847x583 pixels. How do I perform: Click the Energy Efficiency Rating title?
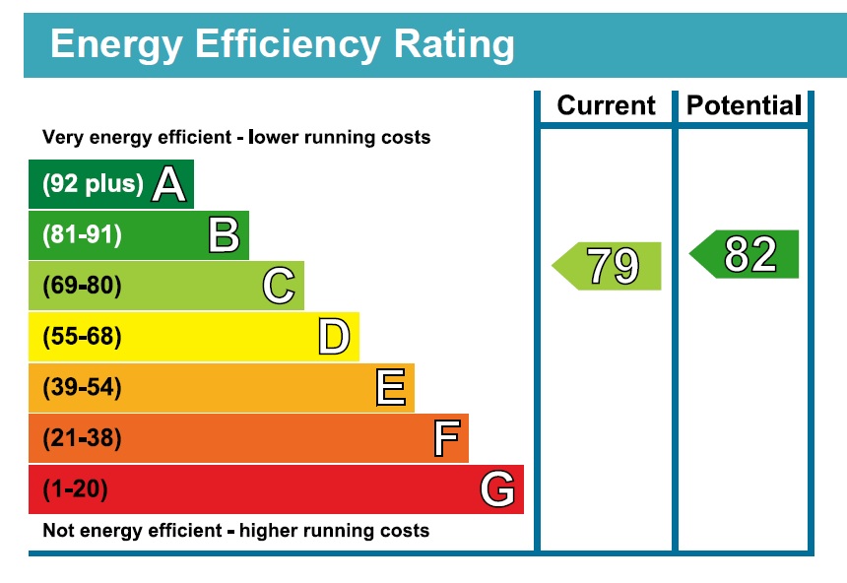tap(282, 45)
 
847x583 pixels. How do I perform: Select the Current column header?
tap(606, 105)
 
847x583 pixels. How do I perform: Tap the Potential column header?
tap(744, 105)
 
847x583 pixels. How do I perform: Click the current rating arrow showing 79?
tap(608, 266)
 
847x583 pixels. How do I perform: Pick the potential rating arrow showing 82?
tap(746, 254)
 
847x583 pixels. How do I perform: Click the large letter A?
tap(168, 184)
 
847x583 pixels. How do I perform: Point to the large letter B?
tap(224, 235)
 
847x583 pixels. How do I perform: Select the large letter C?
tap(279, 287)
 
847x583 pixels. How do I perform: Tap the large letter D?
tap(334, 338)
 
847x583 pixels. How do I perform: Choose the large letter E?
tap(390, 388)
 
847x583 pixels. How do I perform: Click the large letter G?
tap(497, 489)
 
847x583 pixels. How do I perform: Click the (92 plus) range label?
tap(93, 184)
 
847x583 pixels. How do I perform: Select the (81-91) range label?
tap(82, 235)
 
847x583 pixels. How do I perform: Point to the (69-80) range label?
tap(82, 287)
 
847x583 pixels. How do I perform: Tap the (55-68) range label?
tap(82, 338)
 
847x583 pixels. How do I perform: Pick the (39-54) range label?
tap(82, 388)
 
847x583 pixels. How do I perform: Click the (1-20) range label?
tap(75, 489)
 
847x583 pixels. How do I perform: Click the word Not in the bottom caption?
tap(57, 531)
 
